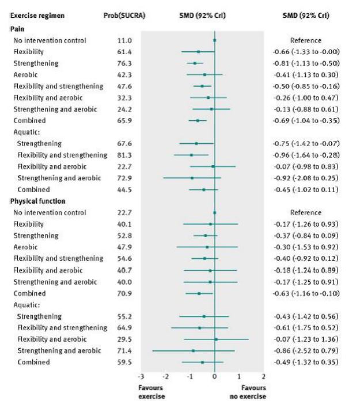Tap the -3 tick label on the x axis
click(142, 376)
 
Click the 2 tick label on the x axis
click(263, 376)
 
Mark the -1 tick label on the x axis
click(190, 376)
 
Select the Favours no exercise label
click(253, 392)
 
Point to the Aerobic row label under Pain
click(24, 74)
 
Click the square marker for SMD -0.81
click(195, 63)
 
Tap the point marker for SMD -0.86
click(194, 350)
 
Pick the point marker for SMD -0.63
click(199, 293)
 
